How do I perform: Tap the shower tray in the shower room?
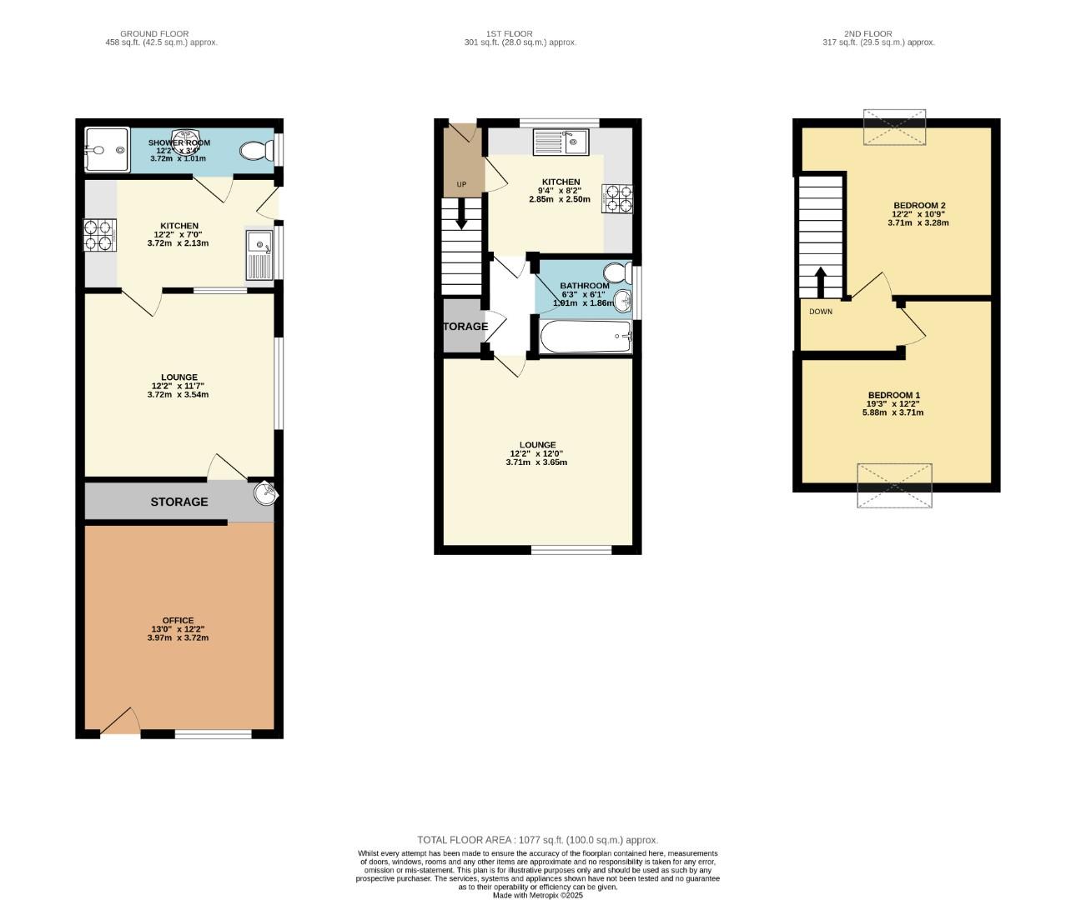click(107, 150)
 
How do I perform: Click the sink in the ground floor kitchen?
click(259, 253)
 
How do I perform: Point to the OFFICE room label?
click(178, 620)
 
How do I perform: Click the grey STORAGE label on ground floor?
click(178, 502)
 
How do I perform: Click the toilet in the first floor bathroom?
click(618, 273)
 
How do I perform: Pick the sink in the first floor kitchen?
click(561, 142)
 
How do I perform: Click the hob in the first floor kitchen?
click(618, 198)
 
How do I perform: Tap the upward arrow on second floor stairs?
click(821, 281)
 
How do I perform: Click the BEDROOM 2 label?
click(919, 205)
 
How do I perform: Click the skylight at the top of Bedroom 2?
click(894, 127)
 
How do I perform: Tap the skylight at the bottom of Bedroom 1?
click(894, 485)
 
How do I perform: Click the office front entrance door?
click(120, 725)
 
